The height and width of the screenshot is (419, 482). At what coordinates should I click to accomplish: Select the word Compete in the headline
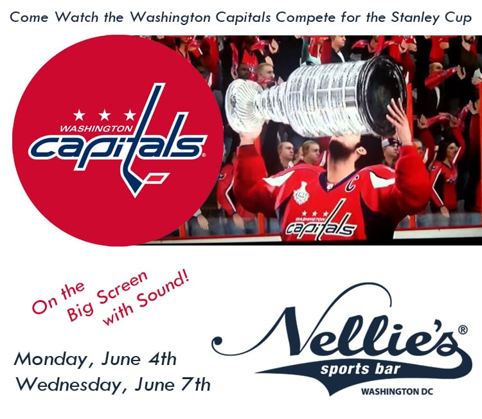(306, 17)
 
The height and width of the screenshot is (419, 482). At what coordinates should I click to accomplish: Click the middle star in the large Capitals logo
(105, 115)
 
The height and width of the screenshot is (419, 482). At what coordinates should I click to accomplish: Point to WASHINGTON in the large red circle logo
(96, 128)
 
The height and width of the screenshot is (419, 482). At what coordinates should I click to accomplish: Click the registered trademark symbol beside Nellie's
(463, 330)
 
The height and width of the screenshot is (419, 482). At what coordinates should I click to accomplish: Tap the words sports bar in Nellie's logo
(361, 370)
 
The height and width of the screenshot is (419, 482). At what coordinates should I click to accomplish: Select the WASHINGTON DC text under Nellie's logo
(397, 391)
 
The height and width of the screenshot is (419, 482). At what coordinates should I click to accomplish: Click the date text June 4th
(139, 359)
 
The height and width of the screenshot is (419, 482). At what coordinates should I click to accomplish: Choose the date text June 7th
(173, 384)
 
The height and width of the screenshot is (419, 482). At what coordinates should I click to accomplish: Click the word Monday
(50, 360)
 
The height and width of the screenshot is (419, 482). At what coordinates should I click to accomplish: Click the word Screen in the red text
(122, 286)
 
